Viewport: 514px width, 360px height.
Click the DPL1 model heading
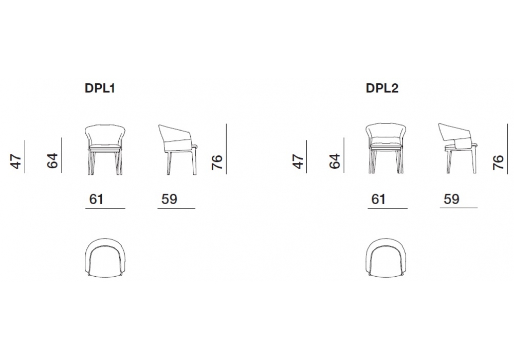click(100, 88)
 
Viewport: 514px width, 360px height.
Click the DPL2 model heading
click(382, 88)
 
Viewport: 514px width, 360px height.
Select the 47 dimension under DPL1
click(16, 161)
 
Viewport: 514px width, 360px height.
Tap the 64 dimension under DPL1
click(52, 160)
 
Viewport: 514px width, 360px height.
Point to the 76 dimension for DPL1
click(217, 163)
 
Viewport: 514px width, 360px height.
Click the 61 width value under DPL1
click(96, 199)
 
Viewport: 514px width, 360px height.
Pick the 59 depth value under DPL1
click(169, 199)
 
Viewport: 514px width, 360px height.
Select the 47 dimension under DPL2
click(298, 161)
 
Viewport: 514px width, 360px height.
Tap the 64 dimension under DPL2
click(335, 161)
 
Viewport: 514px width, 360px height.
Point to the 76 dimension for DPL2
click(498, 163)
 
